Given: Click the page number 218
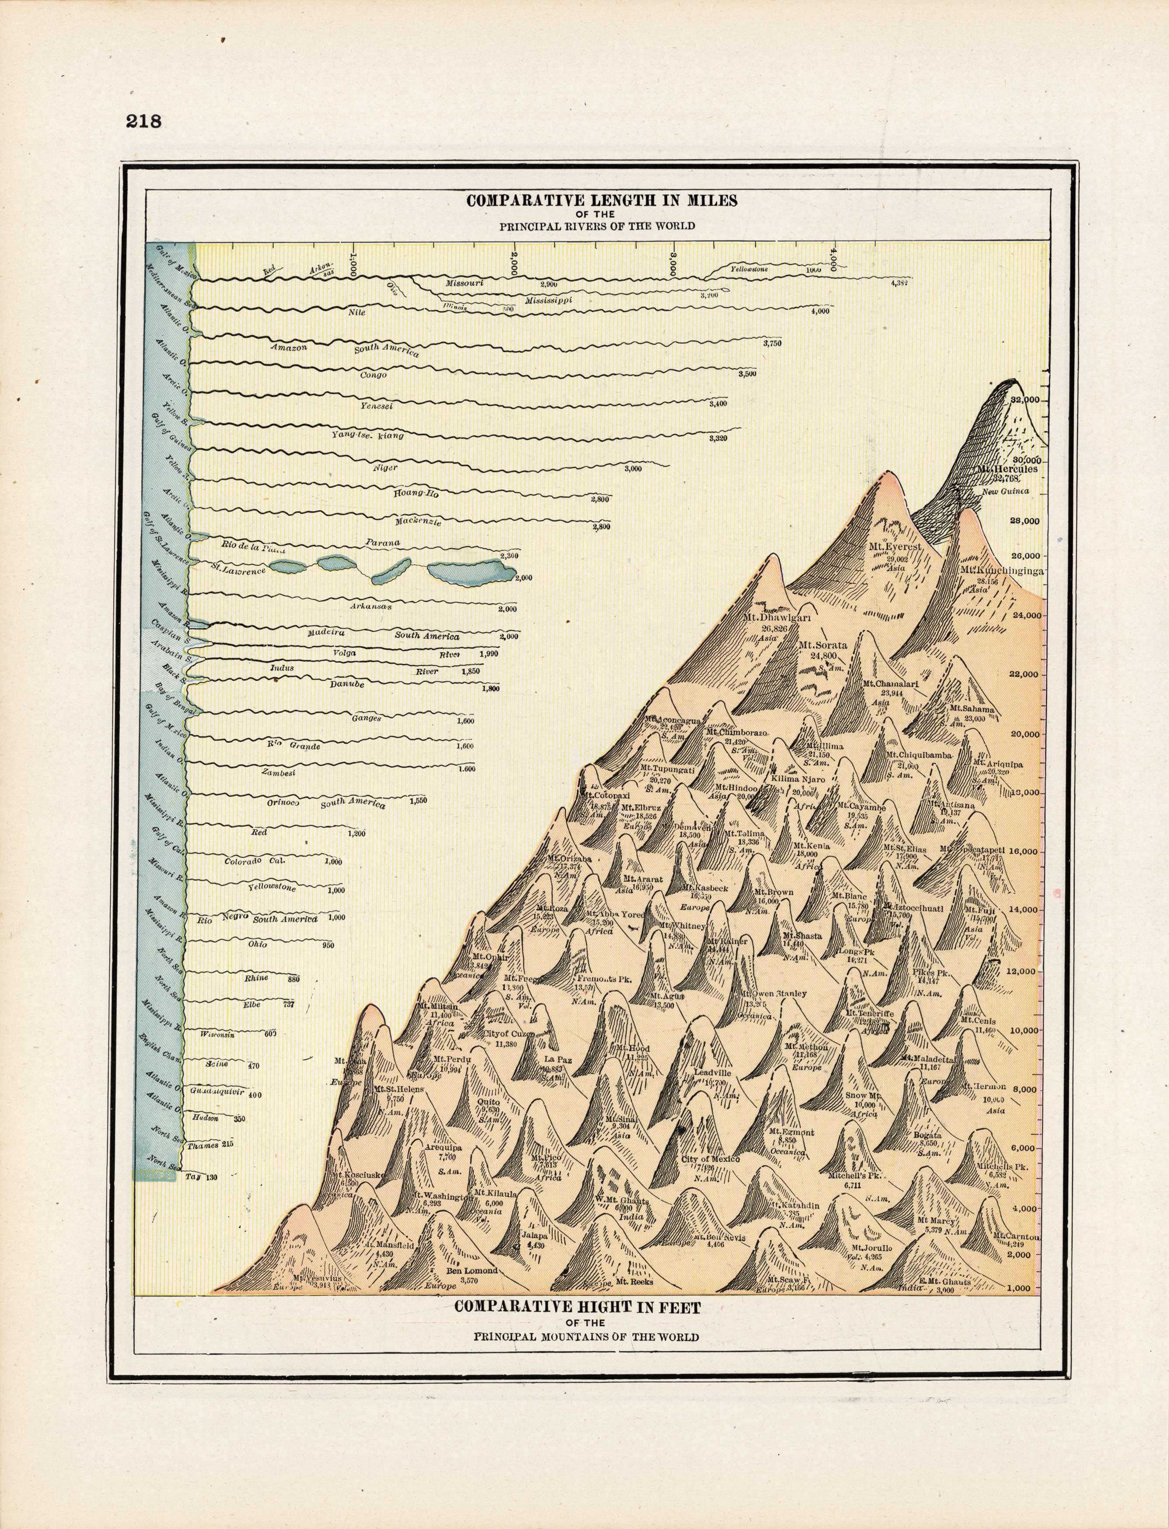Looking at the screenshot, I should point(143,121).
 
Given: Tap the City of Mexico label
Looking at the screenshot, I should point(710,1159).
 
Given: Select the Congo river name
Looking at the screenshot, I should point(373,375).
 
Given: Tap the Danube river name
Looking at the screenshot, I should point(347,684).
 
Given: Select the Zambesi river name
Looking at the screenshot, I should point(278,772).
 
